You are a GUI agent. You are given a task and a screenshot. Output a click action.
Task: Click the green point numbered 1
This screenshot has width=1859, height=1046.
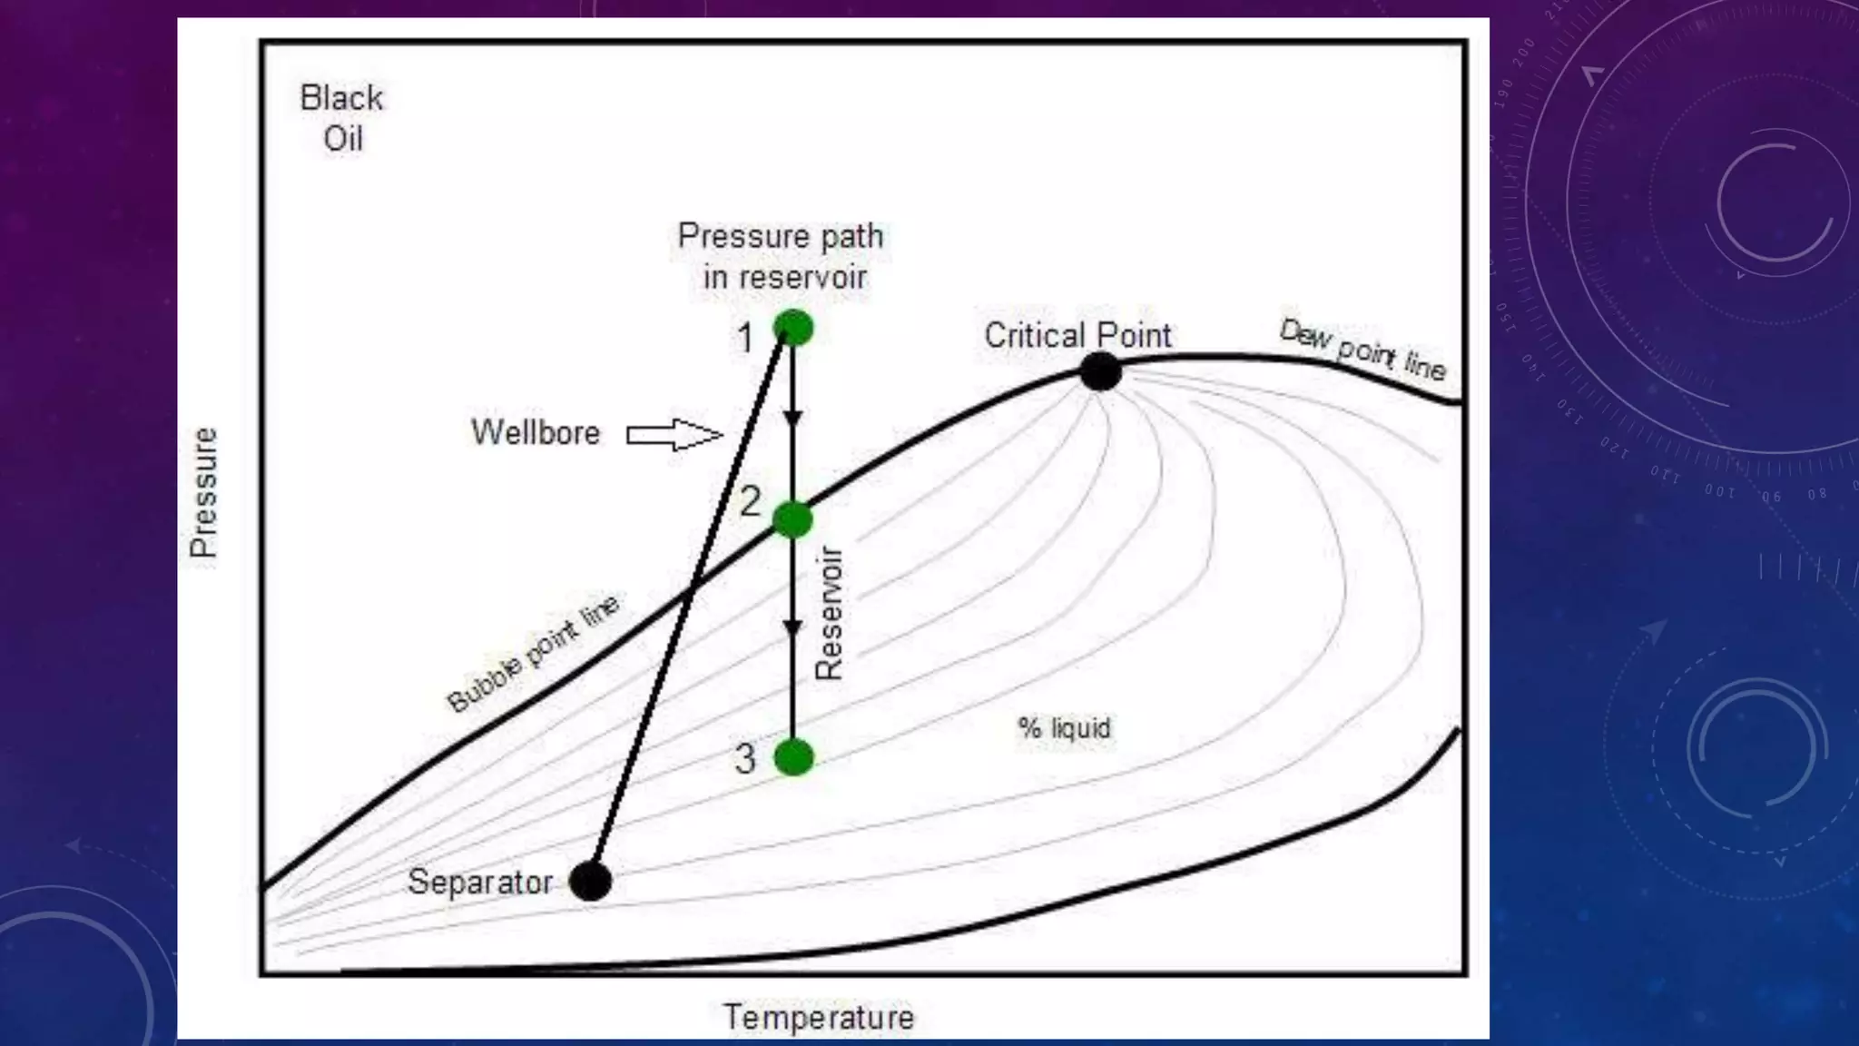click(x=793, y=328)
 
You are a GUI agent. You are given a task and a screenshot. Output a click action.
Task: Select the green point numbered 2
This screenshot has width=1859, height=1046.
click(x=793, y=519)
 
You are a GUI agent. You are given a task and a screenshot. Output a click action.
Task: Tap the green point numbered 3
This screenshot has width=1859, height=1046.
click(x=794, y=757)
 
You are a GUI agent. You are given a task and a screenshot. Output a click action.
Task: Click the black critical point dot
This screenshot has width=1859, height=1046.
click(x=1101, y=371)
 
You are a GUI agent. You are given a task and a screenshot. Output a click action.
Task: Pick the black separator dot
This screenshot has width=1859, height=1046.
click(x=591, y=881)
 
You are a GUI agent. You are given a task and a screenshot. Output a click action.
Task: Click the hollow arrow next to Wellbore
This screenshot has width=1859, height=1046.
click(x=674, y=435)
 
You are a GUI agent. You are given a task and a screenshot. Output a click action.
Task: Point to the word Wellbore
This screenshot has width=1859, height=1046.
click(x=536, y=432)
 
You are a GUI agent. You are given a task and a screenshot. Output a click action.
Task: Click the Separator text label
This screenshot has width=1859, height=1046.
click(x=479, y=882)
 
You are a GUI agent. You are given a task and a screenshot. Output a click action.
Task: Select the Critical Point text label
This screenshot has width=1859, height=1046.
click(x=1077, y=335)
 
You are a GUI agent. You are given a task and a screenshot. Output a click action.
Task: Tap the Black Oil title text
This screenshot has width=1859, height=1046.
click(x=342, y=118)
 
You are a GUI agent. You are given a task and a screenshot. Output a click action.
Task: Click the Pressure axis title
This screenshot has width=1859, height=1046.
click(x=203, y=492)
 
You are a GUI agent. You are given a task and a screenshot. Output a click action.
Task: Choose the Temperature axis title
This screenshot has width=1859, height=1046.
click(x=818, y=1017)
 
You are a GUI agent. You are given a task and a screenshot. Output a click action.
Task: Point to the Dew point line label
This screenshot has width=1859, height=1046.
click(x=1362, y=350)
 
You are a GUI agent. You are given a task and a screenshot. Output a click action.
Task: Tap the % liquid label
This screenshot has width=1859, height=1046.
click(x=1064, y=728)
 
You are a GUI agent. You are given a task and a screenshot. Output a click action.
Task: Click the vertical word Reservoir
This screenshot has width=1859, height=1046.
click(x=829, y=613)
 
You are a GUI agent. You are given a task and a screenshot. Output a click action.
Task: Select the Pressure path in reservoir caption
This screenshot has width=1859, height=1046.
click(x=781, y=256)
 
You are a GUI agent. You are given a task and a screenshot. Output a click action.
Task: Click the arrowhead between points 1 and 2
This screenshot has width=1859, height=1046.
click(x=792, y=419)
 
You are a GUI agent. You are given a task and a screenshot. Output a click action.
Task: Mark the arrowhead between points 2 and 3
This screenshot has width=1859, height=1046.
click(x=792, y=628)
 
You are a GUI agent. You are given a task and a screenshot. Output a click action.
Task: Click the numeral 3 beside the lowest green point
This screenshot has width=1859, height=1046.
click(x=744, y=758)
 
